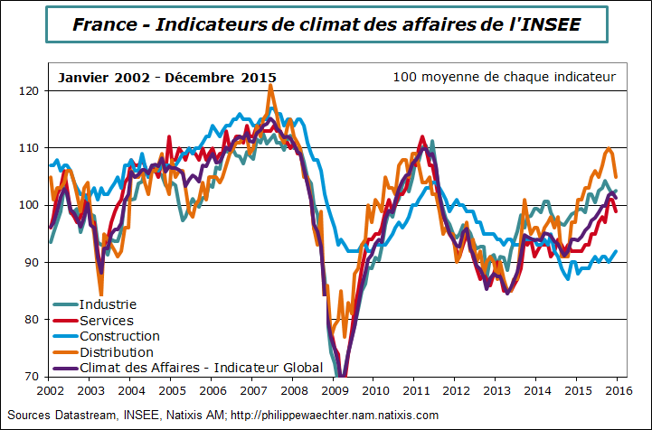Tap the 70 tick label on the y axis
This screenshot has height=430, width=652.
(x=32, y=376)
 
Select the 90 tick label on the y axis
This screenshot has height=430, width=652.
(x=32, y=262)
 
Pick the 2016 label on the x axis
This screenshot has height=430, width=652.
(x=617, y=390)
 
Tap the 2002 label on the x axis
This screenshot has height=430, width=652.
(x=50, y=390)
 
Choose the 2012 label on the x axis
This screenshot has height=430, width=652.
(x=456, y=390)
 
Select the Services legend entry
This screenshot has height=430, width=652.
(x=107, y=320)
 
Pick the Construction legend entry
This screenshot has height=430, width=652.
(x=119, y=336)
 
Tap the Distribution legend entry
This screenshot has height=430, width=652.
(x=116, y=351)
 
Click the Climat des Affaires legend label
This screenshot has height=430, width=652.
(x=201, y=367)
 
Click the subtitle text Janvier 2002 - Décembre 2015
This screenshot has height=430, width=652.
(x=167, y=78)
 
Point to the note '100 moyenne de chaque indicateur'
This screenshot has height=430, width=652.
(x=505, y=77)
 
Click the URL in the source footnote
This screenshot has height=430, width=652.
(x=335, y=415)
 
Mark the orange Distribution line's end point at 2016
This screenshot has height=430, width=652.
(x=616, y=177)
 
